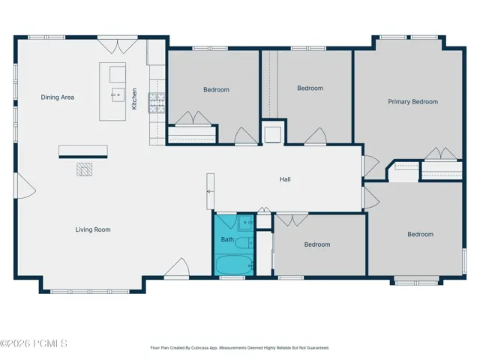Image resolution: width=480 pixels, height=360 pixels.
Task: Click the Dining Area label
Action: tap(58, 97)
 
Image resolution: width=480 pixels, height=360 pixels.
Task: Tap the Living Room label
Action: tap(93, 229)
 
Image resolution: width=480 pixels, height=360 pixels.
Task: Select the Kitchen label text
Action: tap(134, 99)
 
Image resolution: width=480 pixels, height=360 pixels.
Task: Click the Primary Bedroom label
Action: tap(413, 102)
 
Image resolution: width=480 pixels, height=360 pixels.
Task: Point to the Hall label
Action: tap(285, 179)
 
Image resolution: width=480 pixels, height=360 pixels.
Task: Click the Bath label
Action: tap(227, 239)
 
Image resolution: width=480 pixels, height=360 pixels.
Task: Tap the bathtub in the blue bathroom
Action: tap(234, 265)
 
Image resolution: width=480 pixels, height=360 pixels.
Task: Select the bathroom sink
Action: tap(246, 223)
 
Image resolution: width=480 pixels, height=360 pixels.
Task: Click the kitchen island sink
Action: tap(118, 95)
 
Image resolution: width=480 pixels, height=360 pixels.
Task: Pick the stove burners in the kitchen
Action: tap(157, 103)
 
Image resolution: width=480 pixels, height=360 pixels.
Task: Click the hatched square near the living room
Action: tap(84, 169)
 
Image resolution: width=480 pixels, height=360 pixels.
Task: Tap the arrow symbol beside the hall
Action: tap(210, 192)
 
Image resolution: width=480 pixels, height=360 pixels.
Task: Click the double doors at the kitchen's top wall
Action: tap(118, 45)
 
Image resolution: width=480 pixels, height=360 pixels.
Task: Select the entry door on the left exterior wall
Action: tap(25, 186)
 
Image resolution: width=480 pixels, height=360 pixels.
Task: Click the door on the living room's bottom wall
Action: tap(177, 268)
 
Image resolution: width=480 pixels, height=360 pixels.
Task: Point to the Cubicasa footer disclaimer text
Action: tap(240, 348)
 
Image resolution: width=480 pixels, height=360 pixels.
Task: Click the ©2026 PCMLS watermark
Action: tap(33, 343)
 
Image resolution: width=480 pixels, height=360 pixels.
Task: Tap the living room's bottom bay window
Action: tap(90, 292)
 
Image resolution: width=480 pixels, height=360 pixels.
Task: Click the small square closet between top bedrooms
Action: tap(272, 135)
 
